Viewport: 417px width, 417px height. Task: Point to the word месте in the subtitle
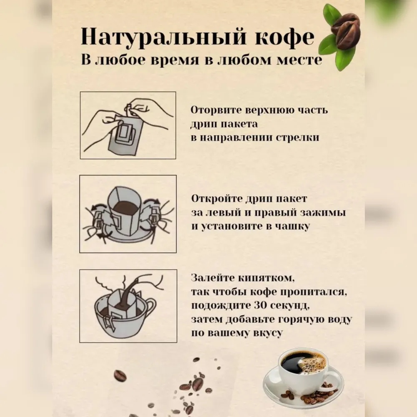tap(299, 60)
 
